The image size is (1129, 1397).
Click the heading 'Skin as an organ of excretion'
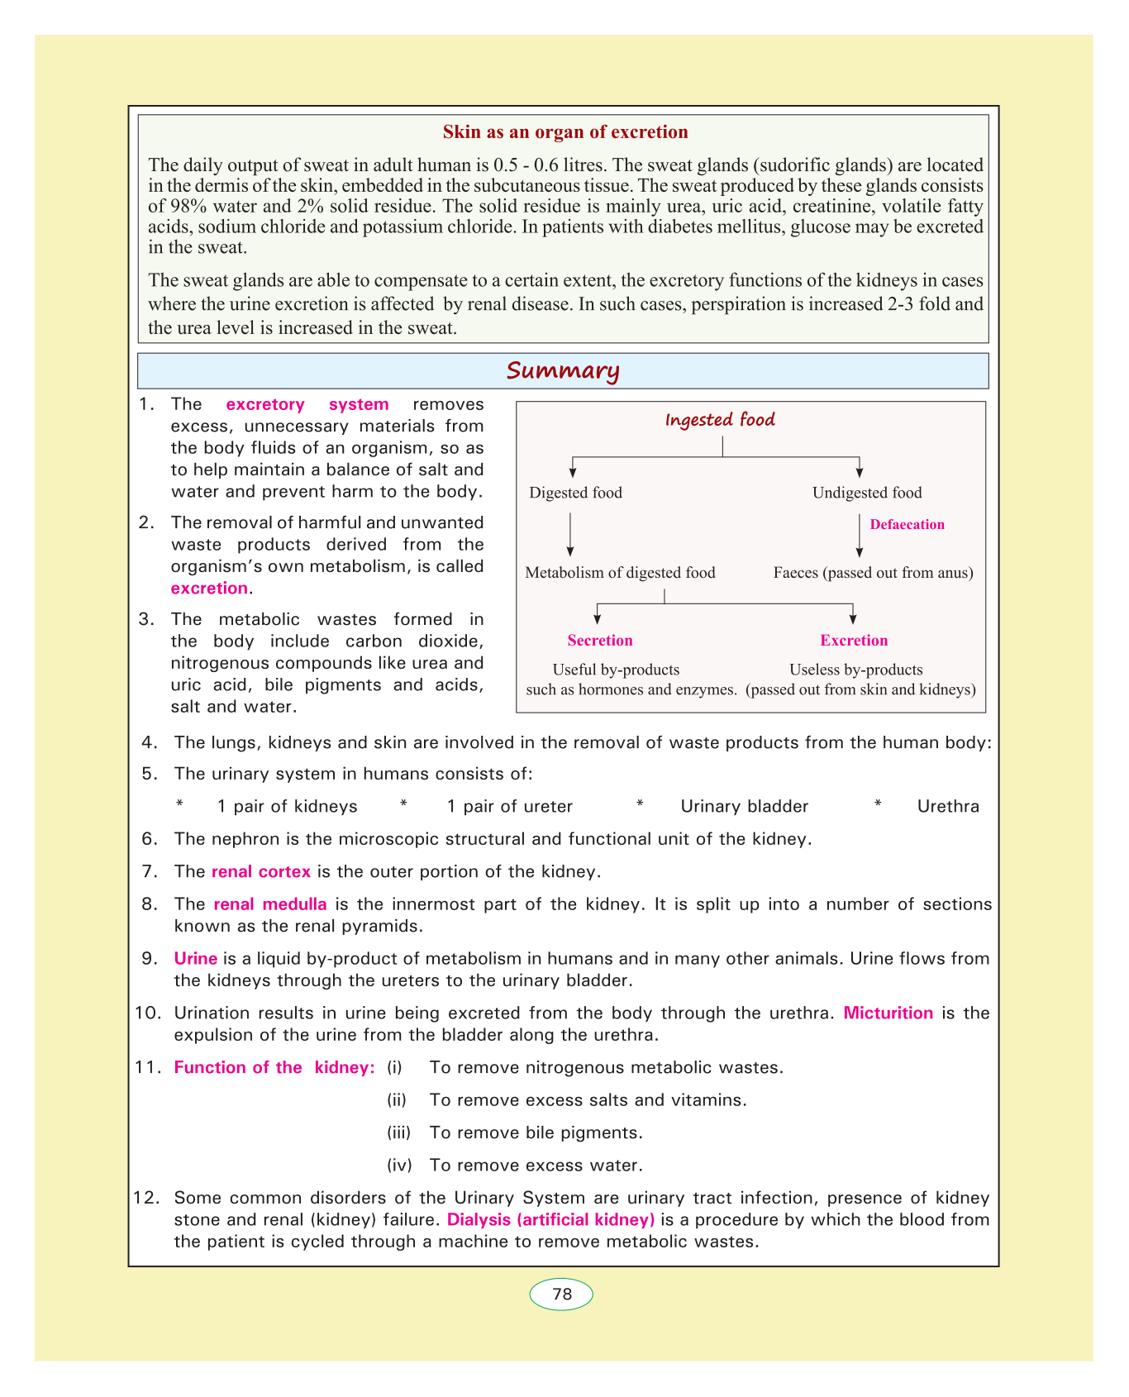565,132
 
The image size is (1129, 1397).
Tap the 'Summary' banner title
563,371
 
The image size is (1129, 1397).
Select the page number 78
562,1294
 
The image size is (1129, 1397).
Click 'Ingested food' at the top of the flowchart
720,420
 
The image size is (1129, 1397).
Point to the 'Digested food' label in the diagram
575,493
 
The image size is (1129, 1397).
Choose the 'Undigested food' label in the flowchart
867,493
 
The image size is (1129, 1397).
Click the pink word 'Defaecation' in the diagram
907,525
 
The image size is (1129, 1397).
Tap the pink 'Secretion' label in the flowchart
600,641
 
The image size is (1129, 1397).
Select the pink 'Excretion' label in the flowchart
854,641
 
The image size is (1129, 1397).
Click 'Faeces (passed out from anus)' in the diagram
873,573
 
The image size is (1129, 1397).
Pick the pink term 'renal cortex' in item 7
261,871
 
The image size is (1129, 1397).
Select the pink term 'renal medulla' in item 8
269,904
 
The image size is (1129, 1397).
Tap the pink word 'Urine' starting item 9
196,959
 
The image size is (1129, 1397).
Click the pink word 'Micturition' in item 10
888,1013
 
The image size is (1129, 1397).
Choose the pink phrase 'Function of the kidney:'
274,1068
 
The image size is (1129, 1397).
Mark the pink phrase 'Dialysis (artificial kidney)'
550,1219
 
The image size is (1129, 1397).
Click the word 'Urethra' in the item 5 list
948,807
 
